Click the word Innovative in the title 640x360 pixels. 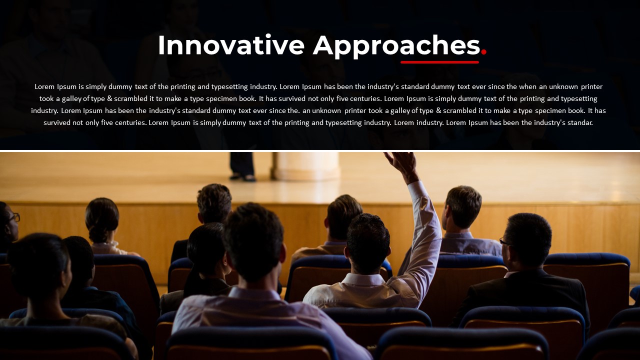point(231,45)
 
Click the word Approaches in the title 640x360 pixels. point(396,46)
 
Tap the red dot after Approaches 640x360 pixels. point(483,51)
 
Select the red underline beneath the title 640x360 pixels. point(439,62)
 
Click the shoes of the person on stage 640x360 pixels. point(243,177)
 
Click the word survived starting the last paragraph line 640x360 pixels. point(56,122)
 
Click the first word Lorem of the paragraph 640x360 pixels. point(44,86)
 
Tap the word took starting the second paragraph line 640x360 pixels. point(46,98)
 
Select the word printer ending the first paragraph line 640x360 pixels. point(591,86)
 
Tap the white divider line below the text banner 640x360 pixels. point(320,150)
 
